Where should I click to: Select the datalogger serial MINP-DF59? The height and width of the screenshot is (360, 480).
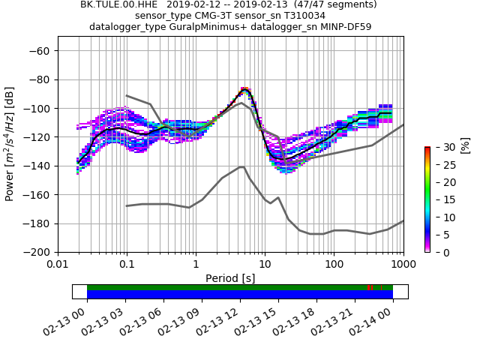[341, 26]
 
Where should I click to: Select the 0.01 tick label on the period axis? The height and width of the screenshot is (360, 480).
[58, 265]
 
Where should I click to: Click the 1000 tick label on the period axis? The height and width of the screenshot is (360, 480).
[403, 265]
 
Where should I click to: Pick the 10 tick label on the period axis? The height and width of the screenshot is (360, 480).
[265, 265]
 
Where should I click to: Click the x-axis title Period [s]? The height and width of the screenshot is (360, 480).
[230, 277]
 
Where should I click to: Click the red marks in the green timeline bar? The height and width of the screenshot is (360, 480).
[370, 287]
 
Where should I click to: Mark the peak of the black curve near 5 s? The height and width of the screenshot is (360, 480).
[245, 90]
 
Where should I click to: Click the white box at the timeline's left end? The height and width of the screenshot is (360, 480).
[79, 291]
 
